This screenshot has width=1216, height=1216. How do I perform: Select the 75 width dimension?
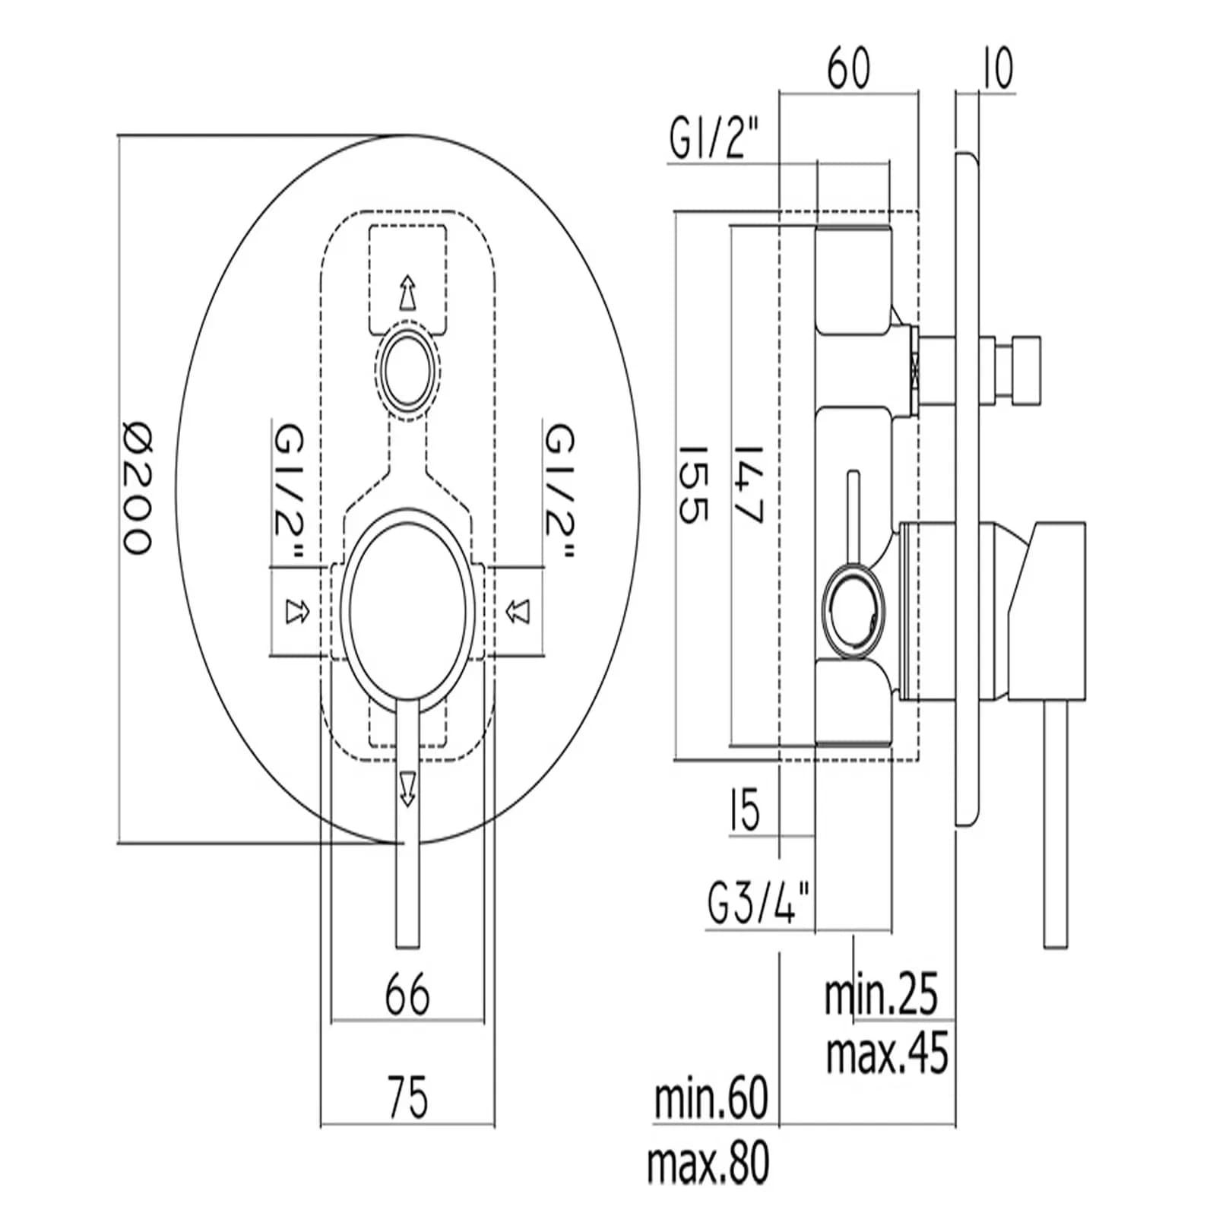point(408,1097)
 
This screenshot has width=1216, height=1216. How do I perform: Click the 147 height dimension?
point(748,484)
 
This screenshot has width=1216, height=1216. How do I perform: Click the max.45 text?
point(888,1053)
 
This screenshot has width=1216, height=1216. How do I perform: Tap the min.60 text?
point(712,1097)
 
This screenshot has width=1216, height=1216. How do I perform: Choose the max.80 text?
point(708,1162)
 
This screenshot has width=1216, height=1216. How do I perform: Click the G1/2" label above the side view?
point(714,138)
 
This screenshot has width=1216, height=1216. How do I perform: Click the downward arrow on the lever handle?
point(408,788)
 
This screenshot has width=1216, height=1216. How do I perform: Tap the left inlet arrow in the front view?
point(296,611)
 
